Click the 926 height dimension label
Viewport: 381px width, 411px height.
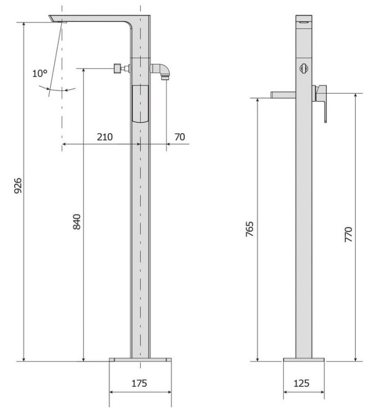coord(17,188)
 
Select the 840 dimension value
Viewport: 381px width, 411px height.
coord(77,221)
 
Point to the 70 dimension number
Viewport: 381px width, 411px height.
coord(180,137)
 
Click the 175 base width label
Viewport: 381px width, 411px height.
coord(140,384)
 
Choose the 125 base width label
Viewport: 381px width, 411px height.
coord(302,384)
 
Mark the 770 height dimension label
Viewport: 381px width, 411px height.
coord(348,234)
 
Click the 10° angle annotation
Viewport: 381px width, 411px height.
coord(39,73)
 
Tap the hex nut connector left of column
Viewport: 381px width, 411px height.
coord(118,68)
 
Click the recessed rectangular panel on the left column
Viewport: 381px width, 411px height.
coord(140,104)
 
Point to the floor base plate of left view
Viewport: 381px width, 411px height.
coord(140,360)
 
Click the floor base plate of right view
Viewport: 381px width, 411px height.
coord(304,360)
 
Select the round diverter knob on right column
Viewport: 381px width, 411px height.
coord(304,68)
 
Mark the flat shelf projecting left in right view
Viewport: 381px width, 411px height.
coord(282,95)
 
